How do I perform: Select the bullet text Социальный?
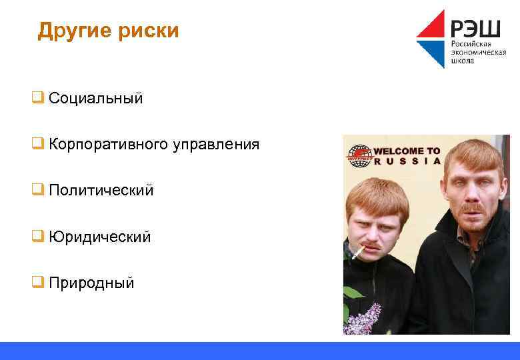[x=95, y=99]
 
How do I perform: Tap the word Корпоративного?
[x=109, y=145]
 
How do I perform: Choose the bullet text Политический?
[x=101, y=191]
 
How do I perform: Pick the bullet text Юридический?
[x=99, y=237]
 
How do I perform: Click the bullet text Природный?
[x=91, y=283]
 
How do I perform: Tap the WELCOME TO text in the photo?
[x=407, y=151]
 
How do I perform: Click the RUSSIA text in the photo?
[x=407, y=161]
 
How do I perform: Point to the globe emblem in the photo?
[x=357, y=155]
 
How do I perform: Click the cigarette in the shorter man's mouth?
[x=358, y=253]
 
